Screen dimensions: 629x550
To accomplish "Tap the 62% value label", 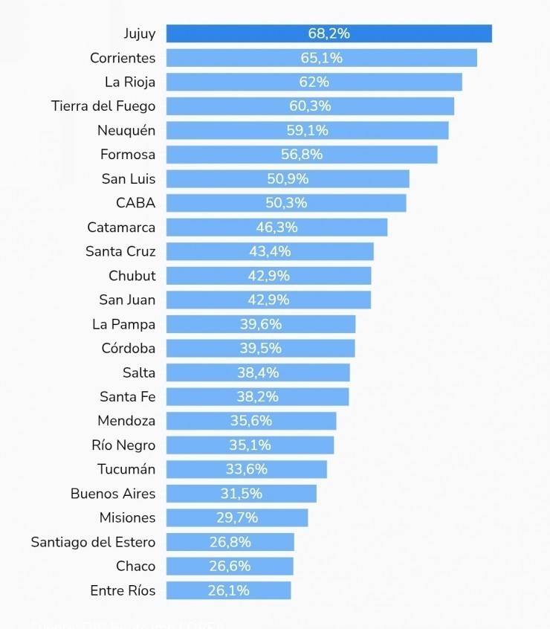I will [314, 82].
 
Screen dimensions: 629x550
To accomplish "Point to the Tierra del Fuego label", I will [103, 106].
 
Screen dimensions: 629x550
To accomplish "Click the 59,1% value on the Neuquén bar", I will [307, 130].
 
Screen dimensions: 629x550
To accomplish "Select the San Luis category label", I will [128, 178].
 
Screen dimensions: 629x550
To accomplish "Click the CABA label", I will [135, 203].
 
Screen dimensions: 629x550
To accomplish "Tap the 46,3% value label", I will [276, 227].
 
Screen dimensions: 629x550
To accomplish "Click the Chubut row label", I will [132, 275].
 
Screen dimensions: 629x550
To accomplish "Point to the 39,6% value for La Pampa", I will [261, 324].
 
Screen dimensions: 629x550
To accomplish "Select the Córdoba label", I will [128, 348].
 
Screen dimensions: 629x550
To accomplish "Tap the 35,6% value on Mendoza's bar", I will [251, 421].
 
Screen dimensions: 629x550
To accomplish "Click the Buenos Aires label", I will [113, 494].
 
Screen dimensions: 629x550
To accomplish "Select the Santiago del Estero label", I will [93, 542].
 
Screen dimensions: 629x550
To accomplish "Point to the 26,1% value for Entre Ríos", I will [229, 590].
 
